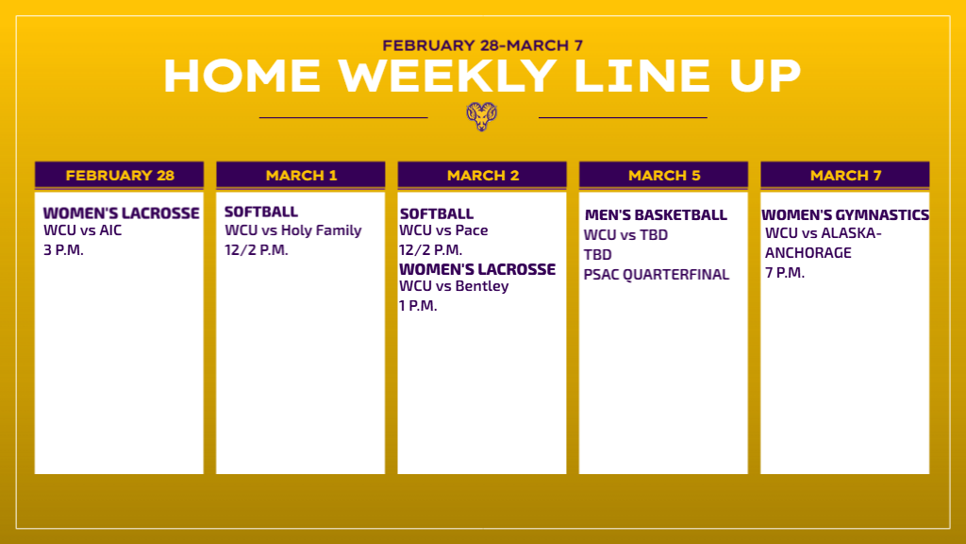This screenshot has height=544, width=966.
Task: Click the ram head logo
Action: pos(482,116)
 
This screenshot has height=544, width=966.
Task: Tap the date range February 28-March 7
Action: pos(482,45)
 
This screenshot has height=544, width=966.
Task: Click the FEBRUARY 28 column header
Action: pos(120,175)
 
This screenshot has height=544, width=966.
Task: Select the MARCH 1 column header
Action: pos(301,175)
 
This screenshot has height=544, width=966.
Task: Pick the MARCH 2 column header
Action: pos(482,175)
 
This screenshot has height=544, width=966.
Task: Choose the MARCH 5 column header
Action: pos(663,175)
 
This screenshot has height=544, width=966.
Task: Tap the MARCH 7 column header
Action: pos(845,175)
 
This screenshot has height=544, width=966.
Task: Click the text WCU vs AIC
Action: pos(83,230)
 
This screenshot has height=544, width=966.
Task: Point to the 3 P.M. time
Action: pos(63,249)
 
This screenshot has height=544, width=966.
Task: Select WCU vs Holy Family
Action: pos(293,230)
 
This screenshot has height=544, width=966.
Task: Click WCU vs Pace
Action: pos(443,230)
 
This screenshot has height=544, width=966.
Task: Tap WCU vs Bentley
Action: pos(454,286)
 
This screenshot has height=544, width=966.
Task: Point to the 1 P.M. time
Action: pos(418,306)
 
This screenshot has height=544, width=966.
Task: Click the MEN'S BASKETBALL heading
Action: pos(657,215)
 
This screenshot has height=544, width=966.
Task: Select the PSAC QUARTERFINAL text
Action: pos(657,275)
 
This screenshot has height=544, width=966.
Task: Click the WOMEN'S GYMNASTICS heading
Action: pos(845,215)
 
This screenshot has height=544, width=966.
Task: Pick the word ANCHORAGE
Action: pos(808,253)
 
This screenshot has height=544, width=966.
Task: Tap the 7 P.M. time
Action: pos(785,273)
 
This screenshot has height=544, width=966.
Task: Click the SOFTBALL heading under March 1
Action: pos(261,212)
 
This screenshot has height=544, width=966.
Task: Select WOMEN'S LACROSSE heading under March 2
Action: pos(477,269)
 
